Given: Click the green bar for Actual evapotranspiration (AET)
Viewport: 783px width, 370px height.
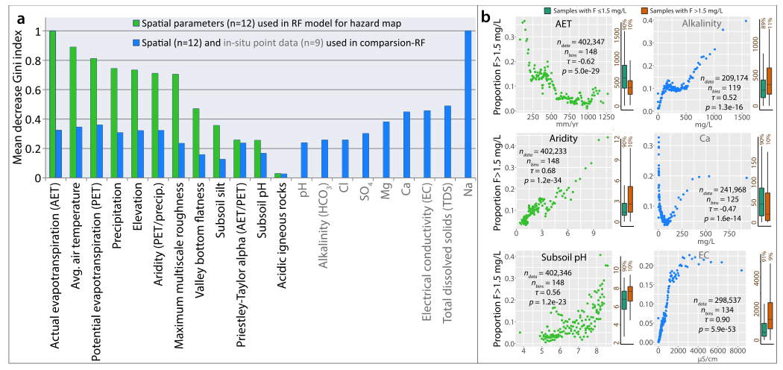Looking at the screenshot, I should pos(52,104).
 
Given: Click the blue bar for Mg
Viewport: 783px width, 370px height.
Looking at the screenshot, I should pos(386,150).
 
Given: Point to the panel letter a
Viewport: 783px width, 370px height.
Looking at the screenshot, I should pos(9,11).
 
